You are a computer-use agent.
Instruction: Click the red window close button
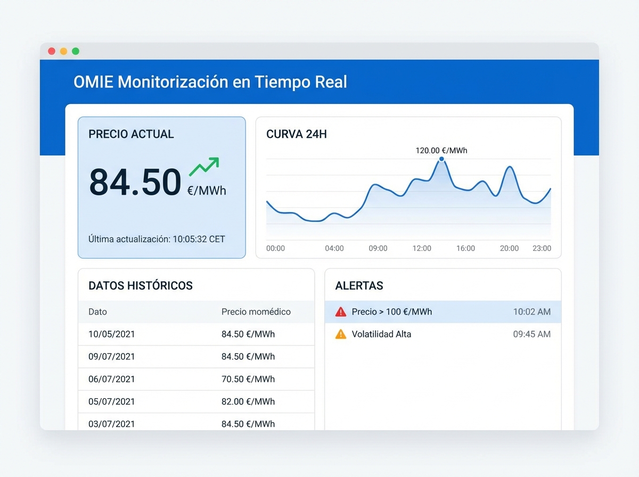click(52, 51)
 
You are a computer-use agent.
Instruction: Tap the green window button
click(76, 51)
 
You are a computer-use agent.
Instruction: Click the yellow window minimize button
click(63, 51)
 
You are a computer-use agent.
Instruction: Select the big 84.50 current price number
click(135, 182)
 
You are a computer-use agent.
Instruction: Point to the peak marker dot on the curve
click(441, 159)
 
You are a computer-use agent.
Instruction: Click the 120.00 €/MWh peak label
click(441, 151)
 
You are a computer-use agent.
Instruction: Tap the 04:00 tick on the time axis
click(334, 248)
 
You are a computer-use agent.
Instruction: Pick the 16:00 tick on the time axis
click(465, 248)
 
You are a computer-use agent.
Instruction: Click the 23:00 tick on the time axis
click(542, 248)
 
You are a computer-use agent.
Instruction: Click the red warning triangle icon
click(341, 312)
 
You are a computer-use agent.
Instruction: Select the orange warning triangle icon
click(341, 334)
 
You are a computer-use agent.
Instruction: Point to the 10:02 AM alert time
click(531, 312)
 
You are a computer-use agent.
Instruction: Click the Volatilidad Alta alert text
click(381, 334)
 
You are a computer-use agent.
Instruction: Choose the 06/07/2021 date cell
click(112, 379)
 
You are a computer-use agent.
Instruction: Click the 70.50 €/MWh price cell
click(248, 379)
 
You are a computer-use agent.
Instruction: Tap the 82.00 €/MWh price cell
click(248, 401)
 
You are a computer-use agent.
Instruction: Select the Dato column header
click(97, 312)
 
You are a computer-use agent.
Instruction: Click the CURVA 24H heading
click(297, 134)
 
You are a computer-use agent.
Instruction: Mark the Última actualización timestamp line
click(157, 239)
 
